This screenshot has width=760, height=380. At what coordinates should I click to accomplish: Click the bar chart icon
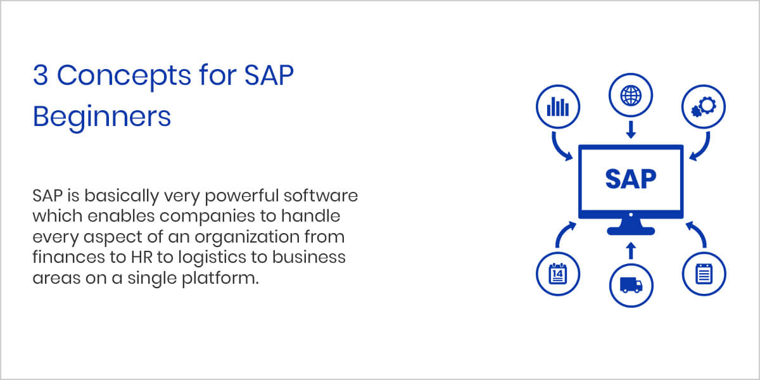coord(558,106)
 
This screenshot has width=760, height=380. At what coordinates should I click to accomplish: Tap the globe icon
coord(631,96)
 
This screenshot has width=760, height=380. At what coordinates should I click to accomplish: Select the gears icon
coord(704,107)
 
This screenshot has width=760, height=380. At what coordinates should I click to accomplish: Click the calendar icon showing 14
coord(558,274)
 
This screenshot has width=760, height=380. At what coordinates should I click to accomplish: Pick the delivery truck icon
coord(631,285)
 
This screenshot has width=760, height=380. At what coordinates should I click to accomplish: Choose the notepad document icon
coord(704,274)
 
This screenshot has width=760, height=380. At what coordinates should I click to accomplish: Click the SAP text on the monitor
coord(631,179)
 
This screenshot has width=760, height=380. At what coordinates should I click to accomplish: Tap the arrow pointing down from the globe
coord(631,130)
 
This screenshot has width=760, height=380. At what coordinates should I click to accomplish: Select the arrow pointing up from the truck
coord(631,251)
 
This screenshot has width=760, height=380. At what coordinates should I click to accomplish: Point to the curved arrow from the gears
coord(703,149)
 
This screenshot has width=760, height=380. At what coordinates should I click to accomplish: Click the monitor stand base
coord(631,231)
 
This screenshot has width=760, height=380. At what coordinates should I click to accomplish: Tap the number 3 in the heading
coord(41,75)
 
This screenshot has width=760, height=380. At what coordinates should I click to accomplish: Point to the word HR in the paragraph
coord(142,257)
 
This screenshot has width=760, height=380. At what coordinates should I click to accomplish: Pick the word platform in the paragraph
coord(220,279)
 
